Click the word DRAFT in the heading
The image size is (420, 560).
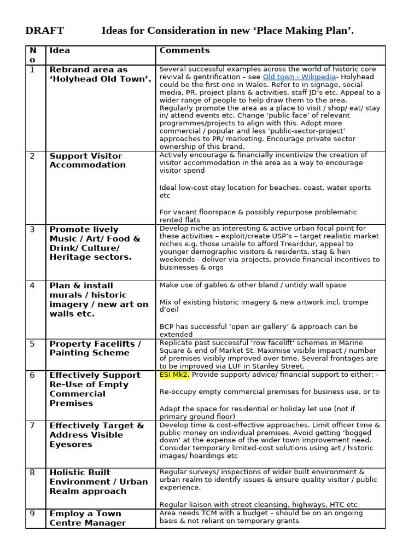tap(45, 31)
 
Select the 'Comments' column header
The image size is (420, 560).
tap(184, 50)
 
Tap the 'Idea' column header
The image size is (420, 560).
tap(60, 50)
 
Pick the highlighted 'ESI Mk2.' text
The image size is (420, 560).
tap(174, 375)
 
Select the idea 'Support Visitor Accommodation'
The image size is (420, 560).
tap(87, 160)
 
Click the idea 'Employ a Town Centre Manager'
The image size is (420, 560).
tap(87, 518)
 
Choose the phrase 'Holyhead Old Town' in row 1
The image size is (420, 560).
tap(100, 79)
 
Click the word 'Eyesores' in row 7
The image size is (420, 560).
tap(71, 444)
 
